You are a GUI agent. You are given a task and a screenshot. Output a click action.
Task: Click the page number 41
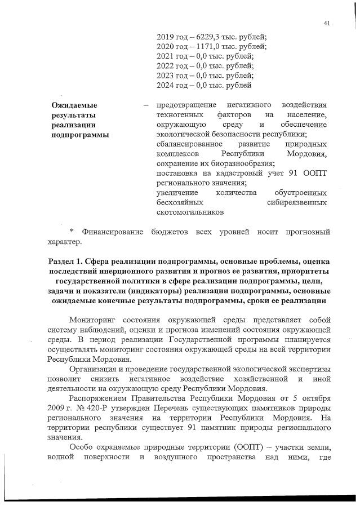tap(327, 23)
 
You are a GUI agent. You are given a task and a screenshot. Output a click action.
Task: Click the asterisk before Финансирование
tap(72, 232)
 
